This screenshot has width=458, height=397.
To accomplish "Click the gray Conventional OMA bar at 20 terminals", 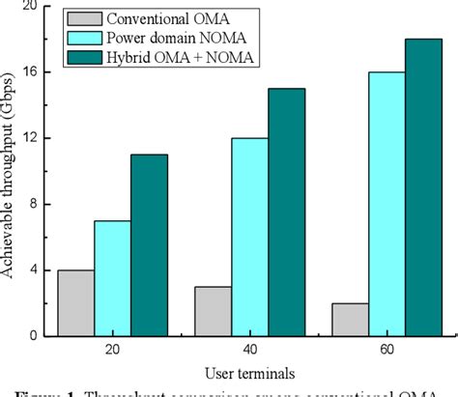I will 75,302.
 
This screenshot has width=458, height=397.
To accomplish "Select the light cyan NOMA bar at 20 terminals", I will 112,278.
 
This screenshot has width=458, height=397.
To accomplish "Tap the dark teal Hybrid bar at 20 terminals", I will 149,245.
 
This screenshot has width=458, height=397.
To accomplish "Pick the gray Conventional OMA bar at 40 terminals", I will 213,311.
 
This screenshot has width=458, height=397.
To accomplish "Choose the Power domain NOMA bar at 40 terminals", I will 249,237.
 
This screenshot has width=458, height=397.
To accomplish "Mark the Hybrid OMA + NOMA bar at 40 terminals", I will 286,213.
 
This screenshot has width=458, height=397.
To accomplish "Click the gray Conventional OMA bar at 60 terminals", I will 350,319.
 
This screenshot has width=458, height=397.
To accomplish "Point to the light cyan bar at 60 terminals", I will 386,204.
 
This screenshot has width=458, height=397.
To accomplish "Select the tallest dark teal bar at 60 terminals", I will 423,187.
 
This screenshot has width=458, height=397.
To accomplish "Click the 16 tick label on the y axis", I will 37,72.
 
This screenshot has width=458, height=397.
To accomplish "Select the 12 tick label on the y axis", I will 37,138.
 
